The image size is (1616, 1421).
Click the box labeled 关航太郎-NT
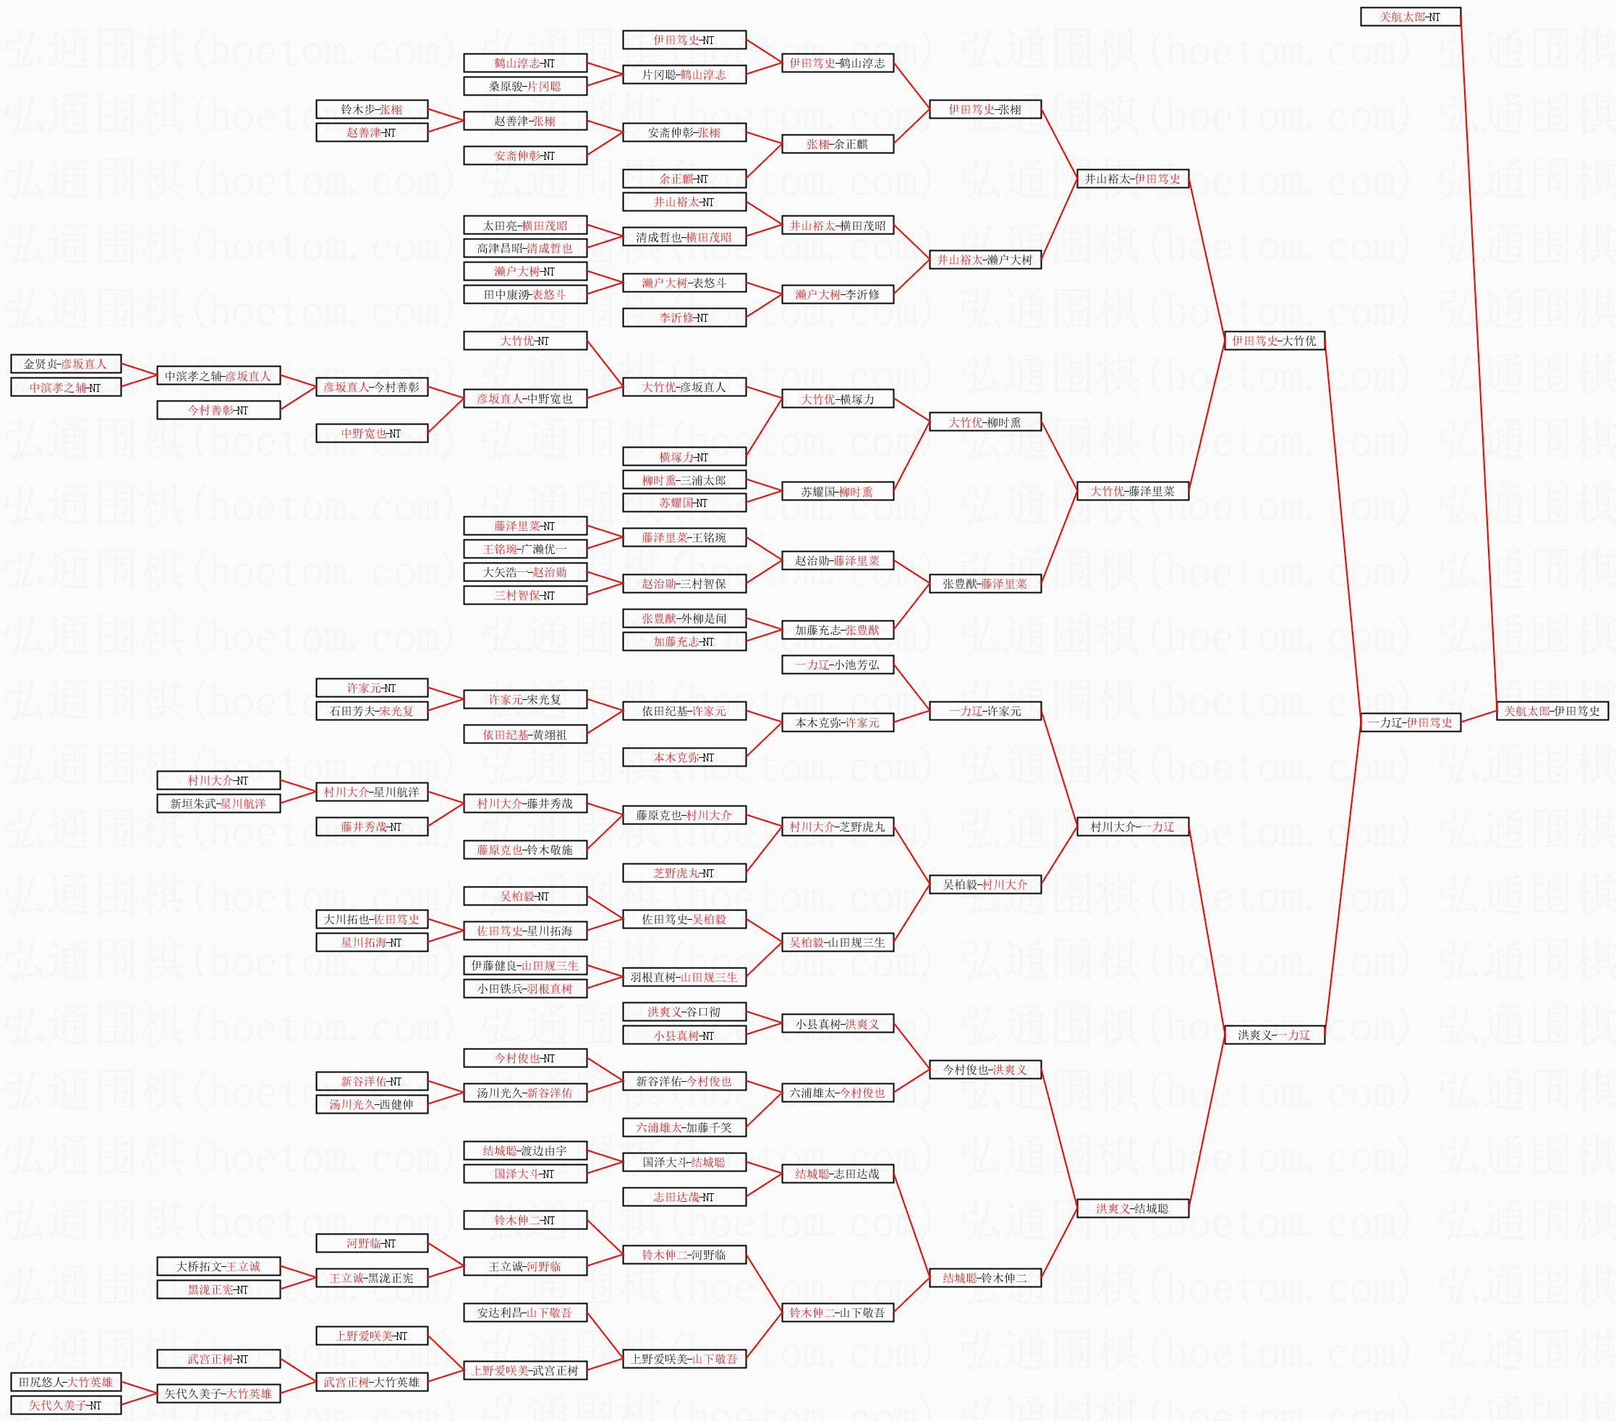(1410, 17)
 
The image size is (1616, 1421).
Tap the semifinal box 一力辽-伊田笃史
(1410, 722)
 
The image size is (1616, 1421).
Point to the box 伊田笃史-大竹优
(1274, 341)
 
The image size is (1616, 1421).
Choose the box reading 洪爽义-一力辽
(1274, 1035)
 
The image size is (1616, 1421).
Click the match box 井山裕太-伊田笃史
(1132, 179)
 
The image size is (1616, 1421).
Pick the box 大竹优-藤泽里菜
(1132, 491)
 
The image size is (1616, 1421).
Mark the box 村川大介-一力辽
(1132, 827)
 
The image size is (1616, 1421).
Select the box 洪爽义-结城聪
(1132, 1208)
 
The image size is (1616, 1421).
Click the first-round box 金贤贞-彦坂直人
(66, 364)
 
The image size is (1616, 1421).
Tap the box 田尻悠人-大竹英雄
(66, 1382)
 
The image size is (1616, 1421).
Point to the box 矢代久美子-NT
(66, 1405)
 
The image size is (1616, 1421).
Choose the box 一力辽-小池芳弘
(837, 665)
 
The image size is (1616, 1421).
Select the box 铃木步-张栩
(372, 109)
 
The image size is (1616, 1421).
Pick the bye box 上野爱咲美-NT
(372, 1336)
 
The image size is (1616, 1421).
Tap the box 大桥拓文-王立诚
(218, 1266)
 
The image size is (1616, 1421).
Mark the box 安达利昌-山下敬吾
(525, 1313)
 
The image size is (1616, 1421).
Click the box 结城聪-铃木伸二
(985, 1278)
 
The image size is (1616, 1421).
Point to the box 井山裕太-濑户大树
(985, 259)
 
